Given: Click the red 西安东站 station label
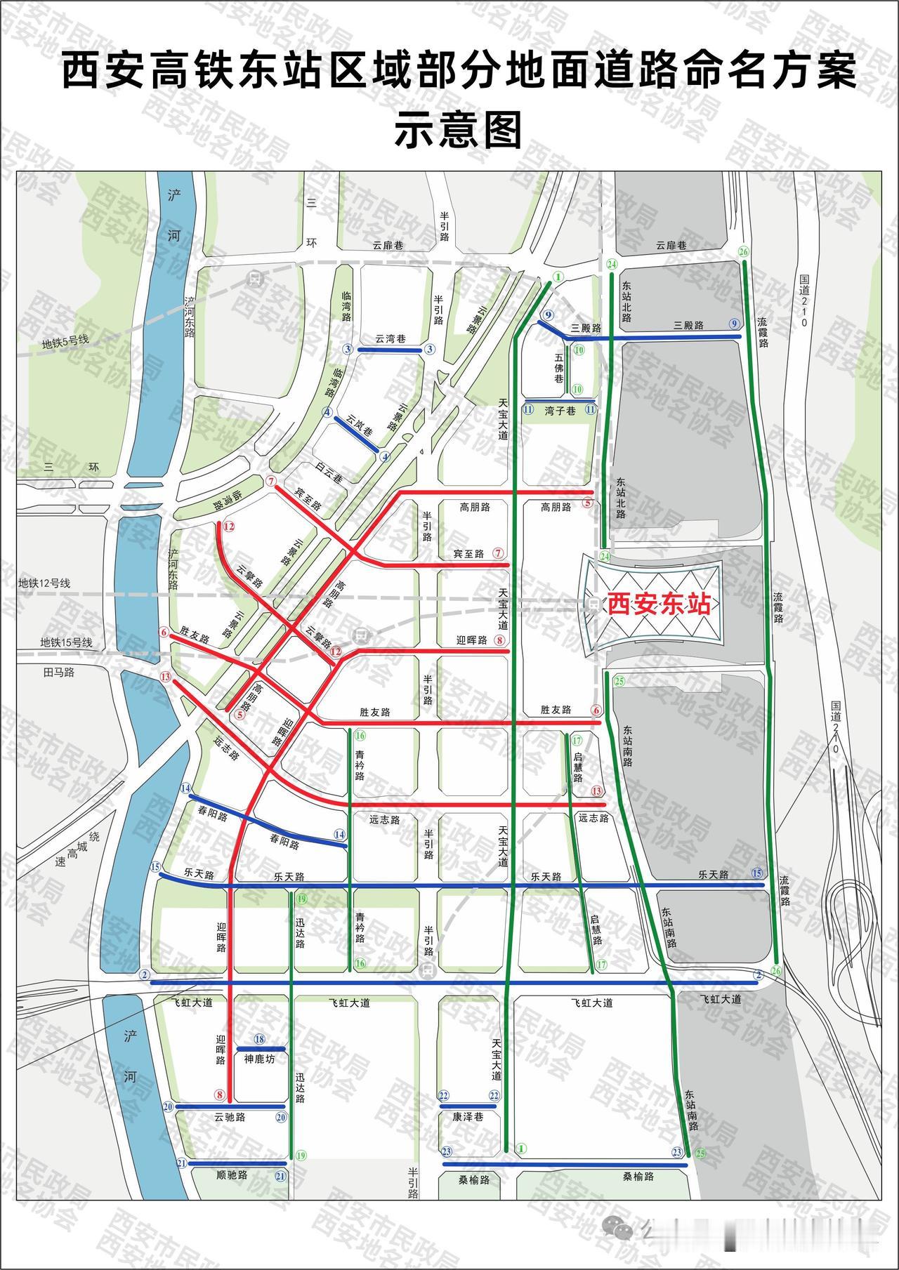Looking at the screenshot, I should (x=659, y=604).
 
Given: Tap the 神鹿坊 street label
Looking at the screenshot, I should (x=259, y=1059).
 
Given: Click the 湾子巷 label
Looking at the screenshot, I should (x=560, y=411).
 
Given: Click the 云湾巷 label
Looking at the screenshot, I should (x=390, y=338).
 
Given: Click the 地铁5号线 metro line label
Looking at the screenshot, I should (x=65, y=343).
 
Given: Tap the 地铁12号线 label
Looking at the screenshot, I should (x=44, y=583).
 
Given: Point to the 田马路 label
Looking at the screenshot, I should (x=58, y=672).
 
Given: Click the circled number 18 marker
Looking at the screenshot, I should (x=259, y=1039).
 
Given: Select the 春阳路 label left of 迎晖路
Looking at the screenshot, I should (x=213, y=817).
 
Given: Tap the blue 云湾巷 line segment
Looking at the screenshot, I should (x=390, y=350).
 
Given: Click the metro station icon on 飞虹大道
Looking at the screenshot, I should (x=426, y=971).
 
